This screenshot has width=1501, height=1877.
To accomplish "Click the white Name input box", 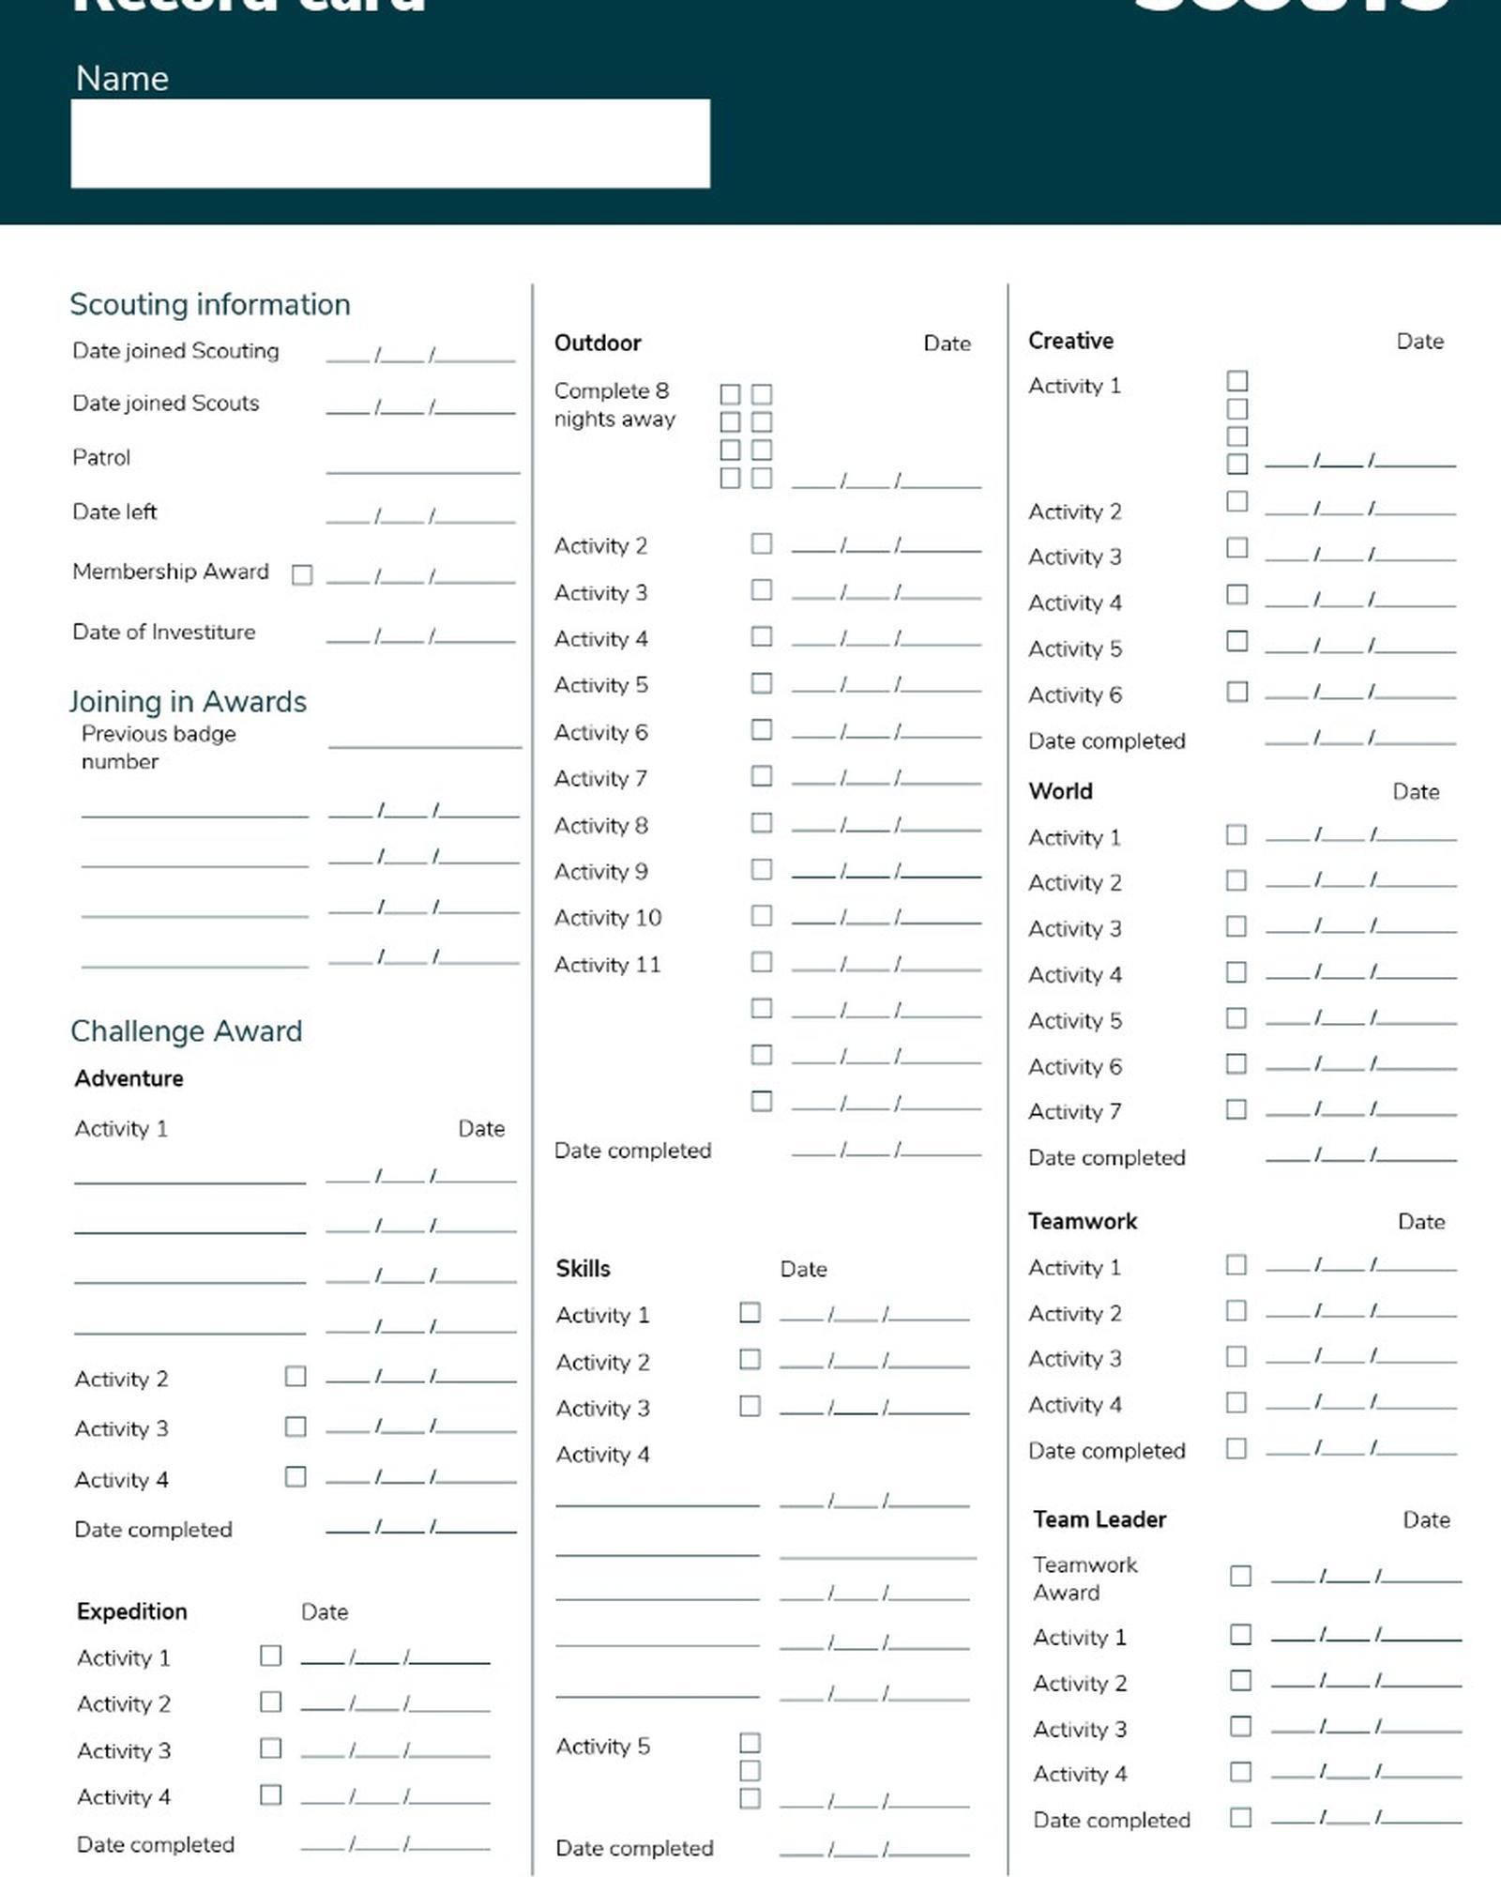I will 389,144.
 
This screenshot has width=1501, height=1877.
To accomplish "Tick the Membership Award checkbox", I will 302,574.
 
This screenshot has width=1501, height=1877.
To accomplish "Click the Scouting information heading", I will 210,304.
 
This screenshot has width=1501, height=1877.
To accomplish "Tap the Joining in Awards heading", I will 188,701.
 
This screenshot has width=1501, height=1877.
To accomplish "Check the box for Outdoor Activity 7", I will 762,776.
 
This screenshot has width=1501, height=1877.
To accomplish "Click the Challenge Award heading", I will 186,1030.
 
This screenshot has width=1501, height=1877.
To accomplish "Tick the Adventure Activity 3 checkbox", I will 296,1427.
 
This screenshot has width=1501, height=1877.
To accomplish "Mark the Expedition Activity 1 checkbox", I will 270,1656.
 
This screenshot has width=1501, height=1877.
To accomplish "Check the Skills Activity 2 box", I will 750,1359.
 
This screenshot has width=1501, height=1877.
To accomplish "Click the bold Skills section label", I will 583,1269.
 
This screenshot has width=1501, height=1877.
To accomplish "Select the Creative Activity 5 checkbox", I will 1237,641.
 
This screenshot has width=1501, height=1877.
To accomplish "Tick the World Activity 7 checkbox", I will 1236,1109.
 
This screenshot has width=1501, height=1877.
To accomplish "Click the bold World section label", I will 1060,791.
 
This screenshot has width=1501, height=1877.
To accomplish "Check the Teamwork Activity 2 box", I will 1236,1310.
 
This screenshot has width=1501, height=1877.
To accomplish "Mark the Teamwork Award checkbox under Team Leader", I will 1240,1576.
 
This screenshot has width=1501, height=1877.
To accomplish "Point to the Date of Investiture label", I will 163,632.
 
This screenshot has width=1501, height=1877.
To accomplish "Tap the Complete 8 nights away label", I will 614,404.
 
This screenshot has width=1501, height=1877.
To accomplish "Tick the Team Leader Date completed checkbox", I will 1240,1818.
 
